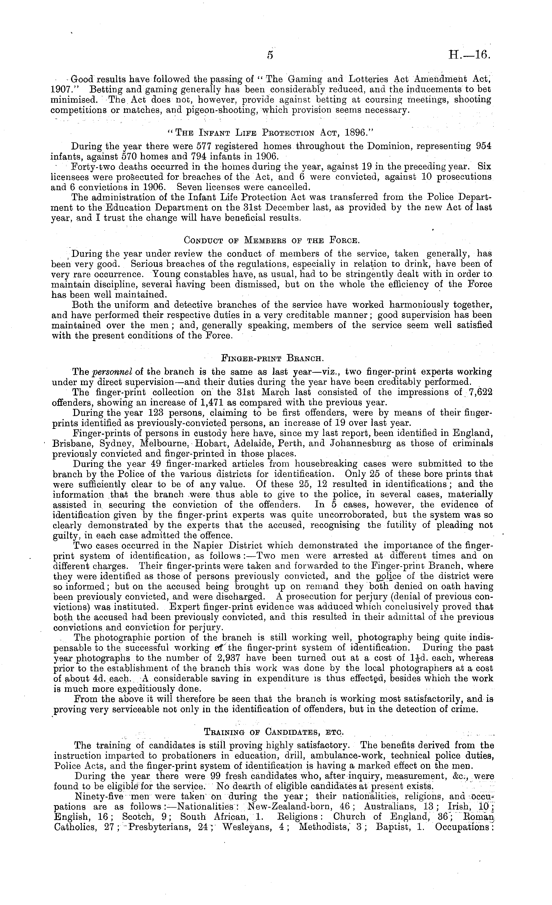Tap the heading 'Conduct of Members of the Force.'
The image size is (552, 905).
[x=271, y=240]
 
